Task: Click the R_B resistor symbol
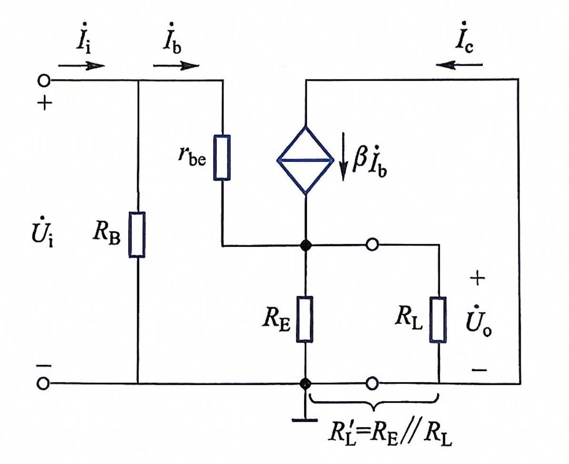(137, 235)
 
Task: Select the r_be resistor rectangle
(222, 158)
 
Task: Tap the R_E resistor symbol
(305, 319)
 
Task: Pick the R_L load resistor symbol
(438, 319)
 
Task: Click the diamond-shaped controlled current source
(305, 160)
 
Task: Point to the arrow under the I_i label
(81, 66)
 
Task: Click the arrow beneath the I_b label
(176, 66)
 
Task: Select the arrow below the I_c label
(459, 65)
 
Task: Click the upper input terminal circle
(43, 80)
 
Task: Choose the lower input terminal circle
(43, 383)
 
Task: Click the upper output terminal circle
(372, 244)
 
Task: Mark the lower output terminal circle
(372, 383)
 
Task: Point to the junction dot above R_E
(305, 246)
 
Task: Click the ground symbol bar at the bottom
(305, 421)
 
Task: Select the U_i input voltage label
(42, 232)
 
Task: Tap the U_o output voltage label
(479, 322)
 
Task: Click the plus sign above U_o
(478, 278)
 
